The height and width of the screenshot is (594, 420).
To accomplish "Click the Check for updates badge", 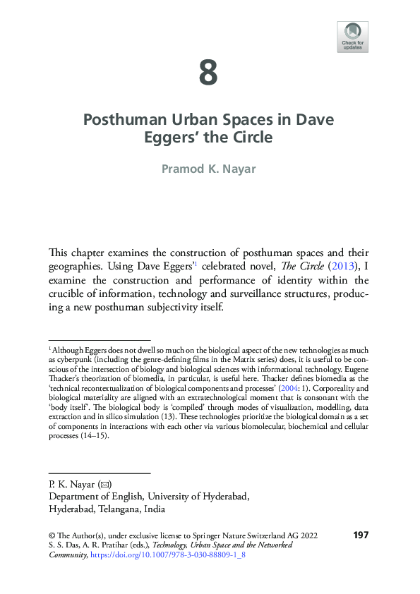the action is (x=352, y=37).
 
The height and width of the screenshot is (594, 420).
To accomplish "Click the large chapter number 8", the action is (x=208, y=73).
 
